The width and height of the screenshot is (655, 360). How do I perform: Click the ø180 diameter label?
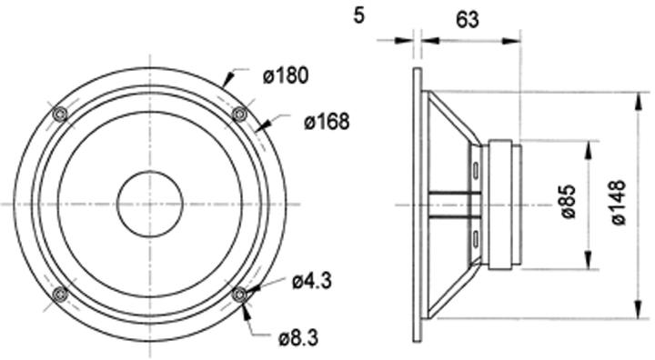[x=286, y=76]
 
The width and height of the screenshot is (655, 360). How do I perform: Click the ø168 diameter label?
[x=327, y=121]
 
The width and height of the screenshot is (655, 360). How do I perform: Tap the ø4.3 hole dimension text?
[x=312, y=281]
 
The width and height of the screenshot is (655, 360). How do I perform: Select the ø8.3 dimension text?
[x=297, y=339]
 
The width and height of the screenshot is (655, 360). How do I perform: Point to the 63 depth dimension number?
[x=468, y=19]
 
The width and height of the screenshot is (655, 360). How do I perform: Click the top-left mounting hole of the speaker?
[x=60, y=115]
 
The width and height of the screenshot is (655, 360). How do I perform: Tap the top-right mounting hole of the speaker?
[x=240, y=114]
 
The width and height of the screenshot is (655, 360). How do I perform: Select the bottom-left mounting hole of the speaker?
[x=60, y=294]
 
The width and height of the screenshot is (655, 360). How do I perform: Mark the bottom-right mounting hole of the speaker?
[x=240, y=294]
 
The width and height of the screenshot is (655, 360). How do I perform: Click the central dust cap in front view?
[x=150, y=204]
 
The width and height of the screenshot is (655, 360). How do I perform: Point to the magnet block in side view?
[x=504, y=204]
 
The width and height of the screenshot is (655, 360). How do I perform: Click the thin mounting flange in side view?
[x=418, y=204]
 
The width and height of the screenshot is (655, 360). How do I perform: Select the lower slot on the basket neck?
[x=476, y=239]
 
